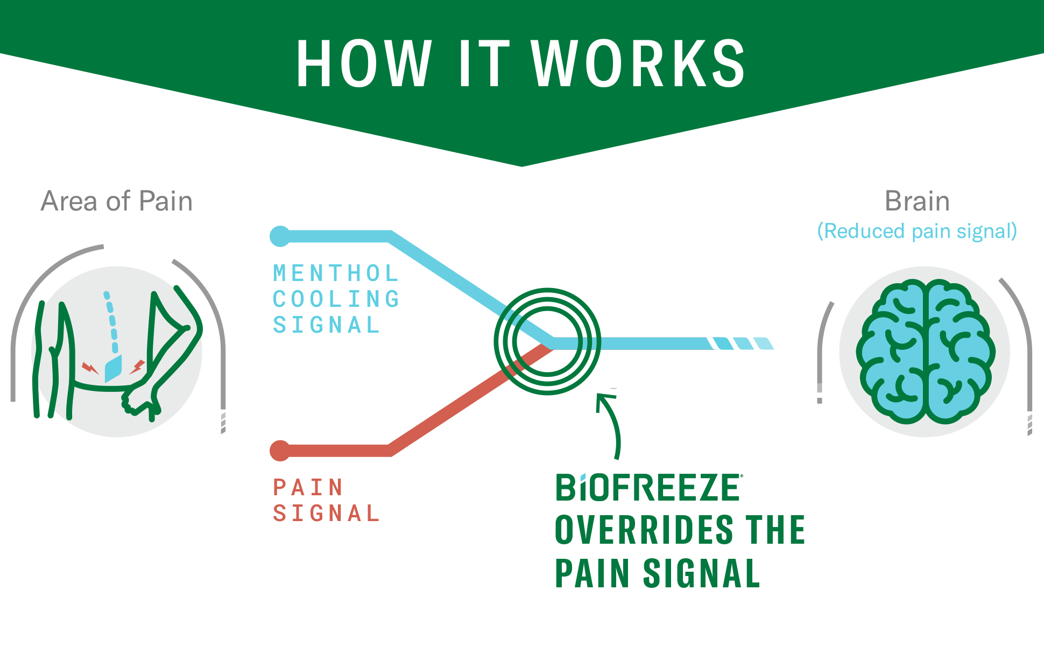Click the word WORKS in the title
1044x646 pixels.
pyautogui.click(x=638, y=64)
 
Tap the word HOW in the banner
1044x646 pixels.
pyautogui.click(x=364, y=64)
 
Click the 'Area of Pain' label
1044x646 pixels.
pyautogui.click(x=116, y=201)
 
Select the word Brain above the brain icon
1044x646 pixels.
pyautogui.click(x=917, y=201)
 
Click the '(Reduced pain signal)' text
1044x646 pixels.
pyautogui.click(x=917, y=231)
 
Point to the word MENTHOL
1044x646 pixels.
pyautogui.click(x=336, y=273)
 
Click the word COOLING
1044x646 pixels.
pyautogui.click(x=336, y=299)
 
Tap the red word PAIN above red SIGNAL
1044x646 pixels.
pyautogui.click(x=308, y=487)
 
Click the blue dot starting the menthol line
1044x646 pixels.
pyautogui.click(x=280, y=236)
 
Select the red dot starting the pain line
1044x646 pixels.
pyautogui.click(x=280, y=451)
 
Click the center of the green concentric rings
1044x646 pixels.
pyautogui.click(x=547, y=341)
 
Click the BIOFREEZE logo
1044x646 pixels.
pyautogui.click(x=648, y=488)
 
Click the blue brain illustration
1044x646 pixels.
pyautogui.click(x=925, y=351)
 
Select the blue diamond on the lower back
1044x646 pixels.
pyautogui.click(x=113, y=369)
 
